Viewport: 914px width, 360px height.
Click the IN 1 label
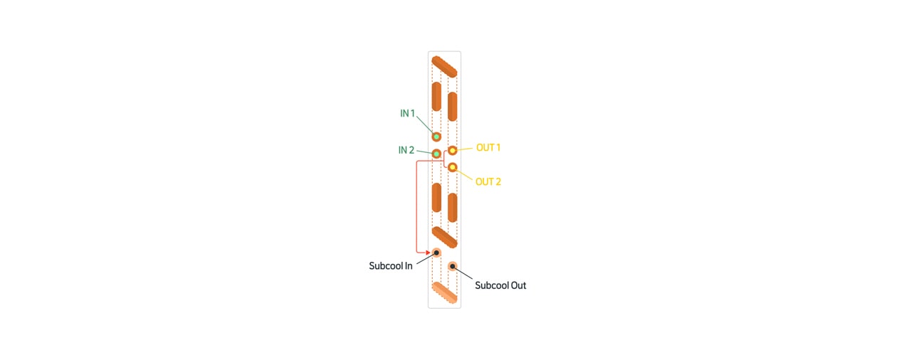(x=407, y=114)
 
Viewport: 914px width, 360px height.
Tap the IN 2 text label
(x=406, y=151)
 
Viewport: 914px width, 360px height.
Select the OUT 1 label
(x=488, y=148)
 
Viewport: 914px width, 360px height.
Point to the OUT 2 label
(x=488, y=182)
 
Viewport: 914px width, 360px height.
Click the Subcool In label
(x=390, y=266)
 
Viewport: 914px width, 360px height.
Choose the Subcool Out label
(x=500, y=286)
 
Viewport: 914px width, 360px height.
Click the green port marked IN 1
(x=436, y=137)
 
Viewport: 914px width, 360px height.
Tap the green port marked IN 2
(x=436, y=154)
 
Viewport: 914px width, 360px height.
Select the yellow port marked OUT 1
(x=452, y=151)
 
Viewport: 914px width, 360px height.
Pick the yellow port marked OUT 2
(x=452, y=167)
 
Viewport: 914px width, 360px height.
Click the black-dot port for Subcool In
(x=436, y=253)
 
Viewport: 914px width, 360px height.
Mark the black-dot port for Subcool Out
(x=452, y=267)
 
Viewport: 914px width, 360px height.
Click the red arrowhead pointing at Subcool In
(x=428, y=252)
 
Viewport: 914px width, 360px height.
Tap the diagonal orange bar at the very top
(x=444, y=66)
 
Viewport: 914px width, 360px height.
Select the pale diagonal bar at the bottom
(x=444, y=292)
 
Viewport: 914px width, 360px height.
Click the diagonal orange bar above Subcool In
(x=444, y=237)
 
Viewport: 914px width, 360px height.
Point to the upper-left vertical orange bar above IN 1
(x=436, y=96)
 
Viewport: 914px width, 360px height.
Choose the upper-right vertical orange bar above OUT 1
(x=452, y=106)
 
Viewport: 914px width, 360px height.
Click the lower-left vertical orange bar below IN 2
(x=436, y=197)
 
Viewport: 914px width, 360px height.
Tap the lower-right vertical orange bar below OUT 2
(x=452, y=207)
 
